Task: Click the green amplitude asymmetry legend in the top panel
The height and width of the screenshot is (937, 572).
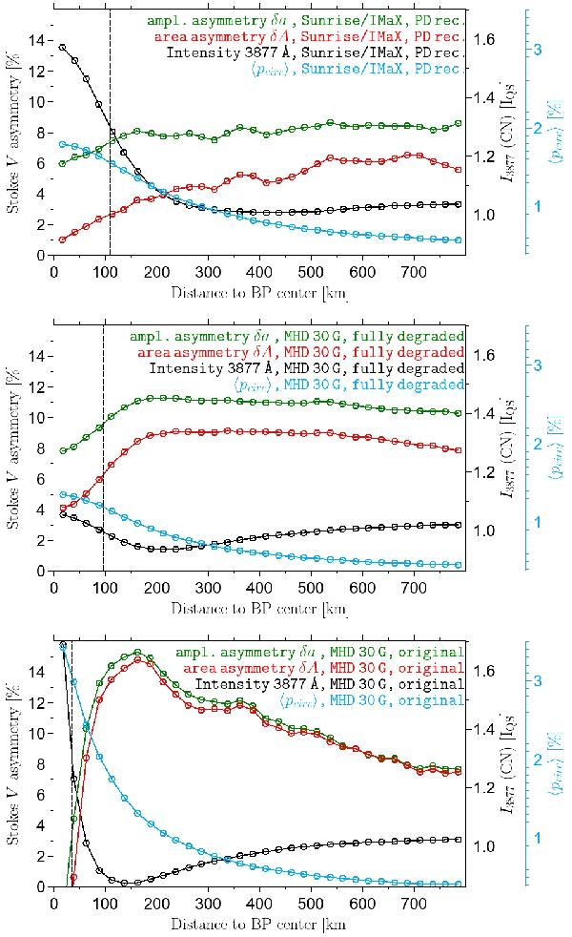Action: pos(305,19)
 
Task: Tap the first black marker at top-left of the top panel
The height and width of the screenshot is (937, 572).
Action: pos(63,47)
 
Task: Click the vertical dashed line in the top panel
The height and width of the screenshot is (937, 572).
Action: pos(111,143)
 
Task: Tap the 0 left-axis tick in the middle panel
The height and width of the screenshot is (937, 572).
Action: pos(40,572)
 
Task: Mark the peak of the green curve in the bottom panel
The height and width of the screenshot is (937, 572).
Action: pos(138,653)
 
